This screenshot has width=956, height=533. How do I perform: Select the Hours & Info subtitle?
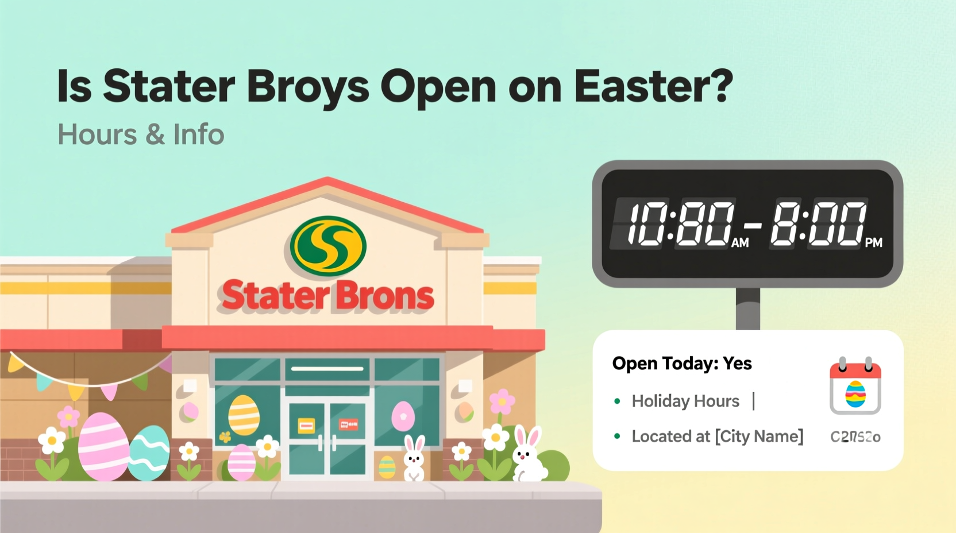tap(141, 135)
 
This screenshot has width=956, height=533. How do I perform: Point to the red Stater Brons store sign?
tap(328, 296)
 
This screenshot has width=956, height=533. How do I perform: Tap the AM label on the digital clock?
tap(740, 243)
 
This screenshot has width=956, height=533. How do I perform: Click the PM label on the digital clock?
tap(873, 243)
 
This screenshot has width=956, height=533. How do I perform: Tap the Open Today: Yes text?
tap(682, 364)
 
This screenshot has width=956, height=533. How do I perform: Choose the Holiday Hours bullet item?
tap(685, 401)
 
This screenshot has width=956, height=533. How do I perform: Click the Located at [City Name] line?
tap(717, 437)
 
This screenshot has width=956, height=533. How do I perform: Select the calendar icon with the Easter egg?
tap(855, 388)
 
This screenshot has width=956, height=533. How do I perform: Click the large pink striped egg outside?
tap(104, 446)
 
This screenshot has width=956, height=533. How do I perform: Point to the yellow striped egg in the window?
tap(244, 415)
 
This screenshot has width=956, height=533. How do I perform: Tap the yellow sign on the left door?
tap(306, 426)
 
